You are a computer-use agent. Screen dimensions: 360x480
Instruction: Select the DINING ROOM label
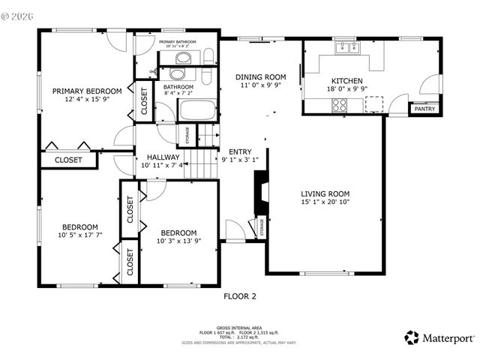[x=261, y=76]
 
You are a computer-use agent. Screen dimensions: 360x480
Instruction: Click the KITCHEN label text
[x=347, y=81]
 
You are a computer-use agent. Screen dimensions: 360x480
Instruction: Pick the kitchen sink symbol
[x=349, y=50]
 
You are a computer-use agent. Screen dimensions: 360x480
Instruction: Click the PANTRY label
[x=424, y=109]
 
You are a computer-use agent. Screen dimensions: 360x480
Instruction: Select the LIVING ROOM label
[x=325, y=193]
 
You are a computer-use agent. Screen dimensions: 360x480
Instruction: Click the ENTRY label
[x=240, y=151]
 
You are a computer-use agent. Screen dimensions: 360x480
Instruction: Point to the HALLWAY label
[x=162, y=157]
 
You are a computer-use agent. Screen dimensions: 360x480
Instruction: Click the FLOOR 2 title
[x=240, y=296]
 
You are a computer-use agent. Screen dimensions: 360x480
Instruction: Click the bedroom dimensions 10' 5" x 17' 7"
[x=79, y=235]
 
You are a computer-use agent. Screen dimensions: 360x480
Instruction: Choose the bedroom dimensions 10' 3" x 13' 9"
[x=178, y=241]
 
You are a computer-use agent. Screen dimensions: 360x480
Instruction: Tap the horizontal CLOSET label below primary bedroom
[x=68, y=160]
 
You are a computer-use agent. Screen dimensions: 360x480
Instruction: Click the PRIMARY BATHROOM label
[x=177, y=42]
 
